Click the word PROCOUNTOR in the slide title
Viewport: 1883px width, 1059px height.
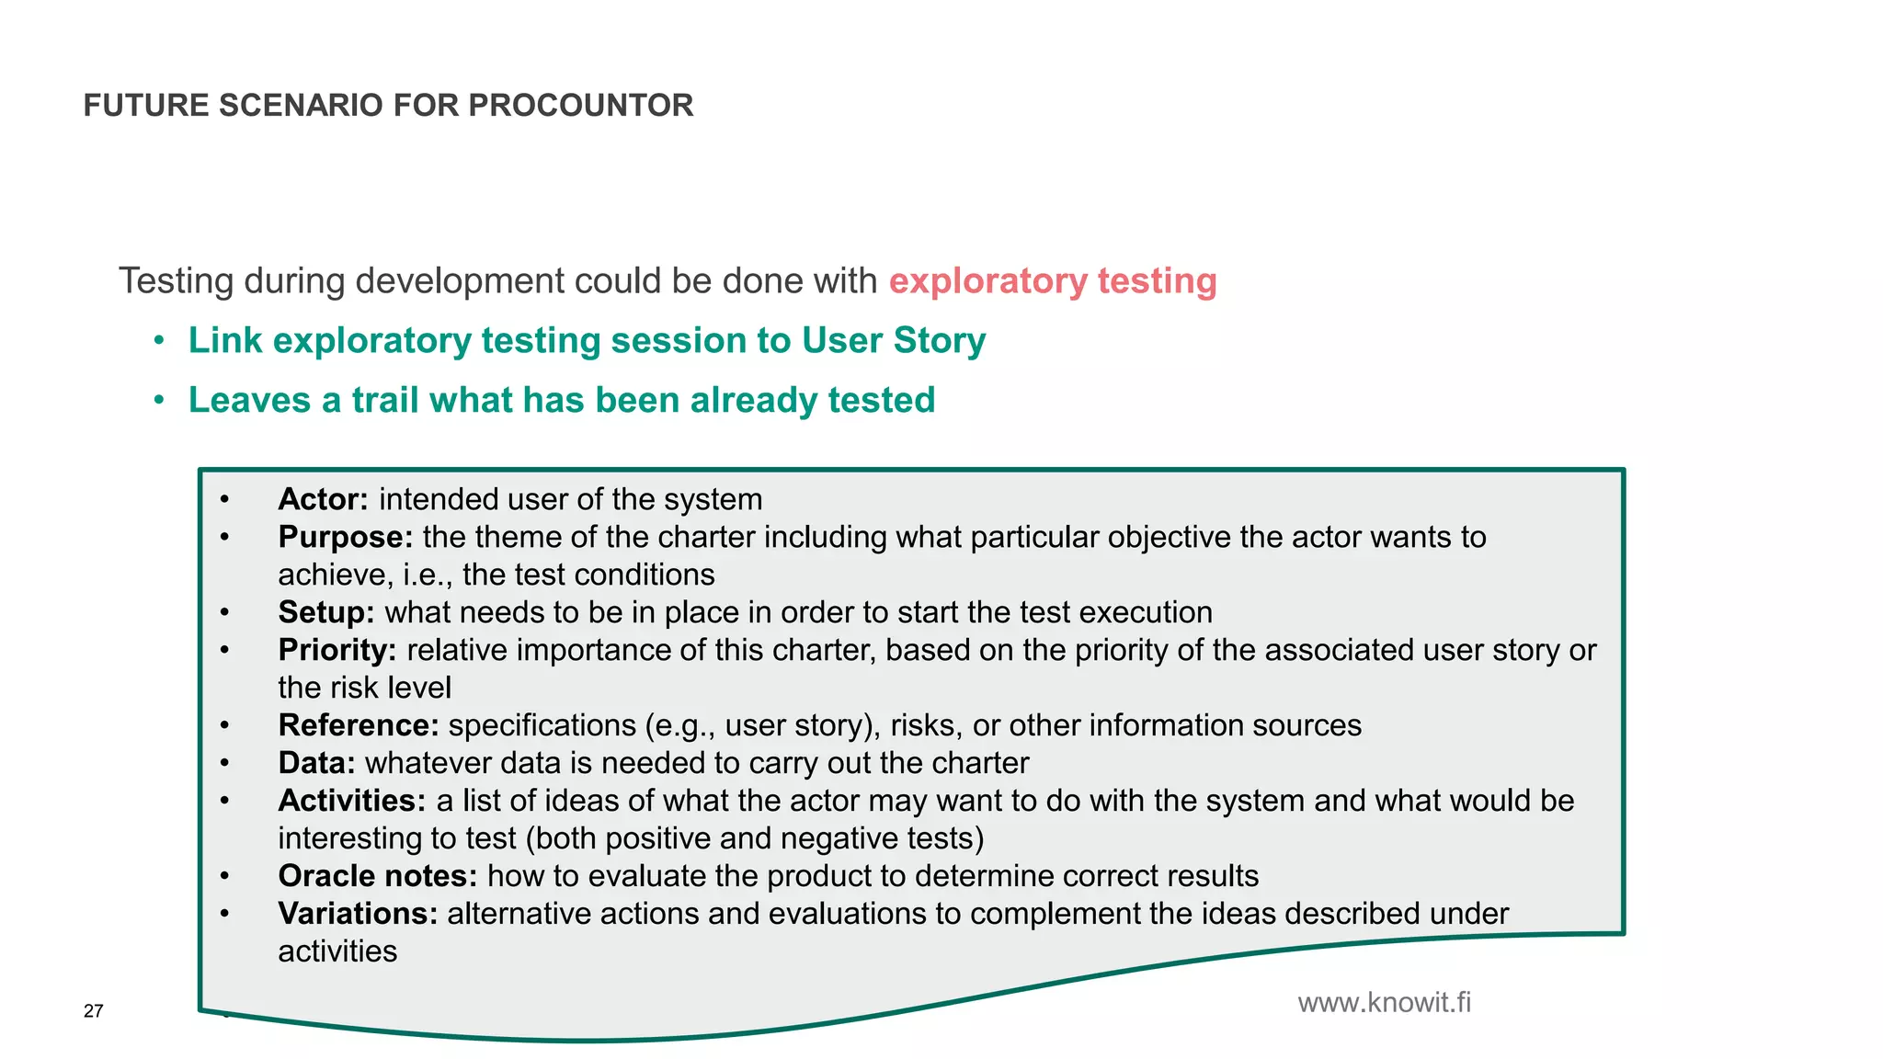[580, 106]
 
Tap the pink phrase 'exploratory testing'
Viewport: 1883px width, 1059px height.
[1053, 281]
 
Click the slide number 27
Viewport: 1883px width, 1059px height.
[93, 1011]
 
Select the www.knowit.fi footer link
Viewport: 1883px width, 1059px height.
[1384, 1002]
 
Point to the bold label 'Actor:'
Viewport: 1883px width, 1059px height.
[323, 499]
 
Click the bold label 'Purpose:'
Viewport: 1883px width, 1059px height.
[346, 537]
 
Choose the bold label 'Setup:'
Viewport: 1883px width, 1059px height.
[326, 612]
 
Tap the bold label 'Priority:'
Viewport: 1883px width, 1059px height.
[337, 650]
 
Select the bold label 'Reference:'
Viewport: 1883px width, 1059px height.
[359, 725]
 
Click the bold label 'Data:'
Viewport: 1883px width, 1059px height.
[316, 763]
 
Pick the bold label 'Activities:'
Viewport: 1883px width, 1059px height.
[352, 801]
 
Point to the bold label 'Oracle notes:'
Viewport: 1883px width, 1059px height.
[378, 876]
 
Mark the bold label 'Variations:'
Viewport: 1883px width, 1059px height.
[358, 914]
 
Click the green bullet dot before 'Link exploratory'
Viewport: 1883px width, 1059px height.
[159, 341]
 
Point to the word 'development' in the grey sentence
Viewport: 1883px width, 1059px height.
[460, 281]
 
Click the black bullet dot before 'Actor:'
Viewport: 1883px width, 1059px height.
[224, 500]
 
